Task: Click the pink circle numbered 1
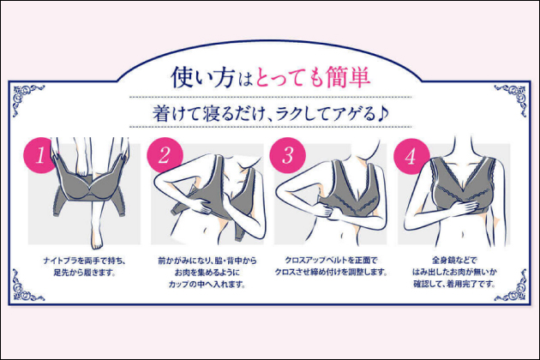click(39, 155)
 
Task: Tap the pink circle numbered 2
click(164, 155)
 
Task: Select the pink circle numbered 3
click(287, 155)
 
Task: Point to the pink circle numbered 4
click(411, 156)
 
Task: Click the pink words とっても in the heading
click(289, 77)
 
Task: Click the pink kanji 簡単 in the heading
click(348, 77)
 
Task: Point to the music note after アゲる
click(382, 113)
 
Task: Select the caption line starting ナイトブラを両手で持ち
click(84, 261)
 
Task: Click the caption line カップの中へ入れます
click(207, 285)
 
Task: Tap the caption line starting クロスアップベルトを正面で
click(331, 260)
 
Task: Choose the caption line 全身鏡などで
click(454, 260)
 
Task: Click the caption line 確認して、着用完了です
click(454, 285)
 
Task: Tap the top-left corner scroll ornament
click(26, 99)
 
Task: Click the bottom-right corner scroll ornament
click(512, 286)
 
